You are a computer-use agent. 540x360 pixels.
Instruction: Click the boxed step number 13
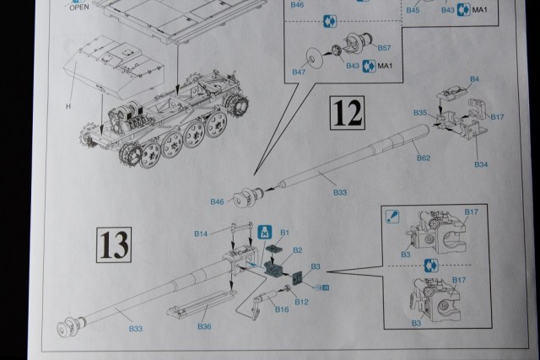(113, 245)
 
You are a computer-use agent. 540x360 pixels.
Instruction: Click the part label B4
(474, 79)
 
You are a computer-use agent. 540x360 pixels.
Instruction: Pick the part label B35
(420, 112)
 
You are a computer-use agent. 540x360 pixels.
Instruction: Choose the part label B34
(482, 163)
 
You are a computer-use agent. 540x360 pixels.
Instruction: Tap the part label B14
(201, 233)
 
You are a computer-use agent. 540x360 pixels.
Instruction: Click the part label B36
(202, 326)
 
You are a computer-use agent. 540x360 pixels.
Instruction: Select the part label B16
(281, 310)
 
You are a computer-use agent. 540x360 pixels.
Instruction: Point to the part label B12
(301, 301)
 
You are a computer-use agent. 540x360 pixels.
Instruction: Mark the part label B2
(297, 250)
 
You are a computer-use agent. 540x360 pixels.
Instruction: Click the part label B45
(413, 10)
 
